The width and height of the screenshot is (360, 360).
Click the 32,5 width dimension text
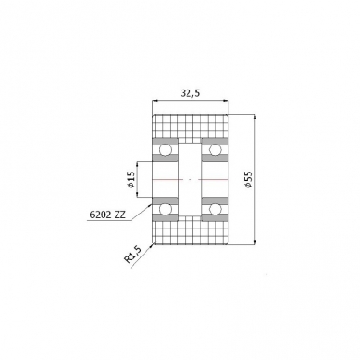[x=189, y=93]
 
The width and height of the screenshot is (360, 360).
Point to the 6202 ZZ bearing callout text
[x=108, y=214]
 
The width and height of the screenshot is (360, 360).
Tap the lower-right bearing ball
[x=214, y=207]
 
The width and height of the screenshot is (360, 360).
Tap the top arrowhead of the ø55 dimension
[x=253, y=118]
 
